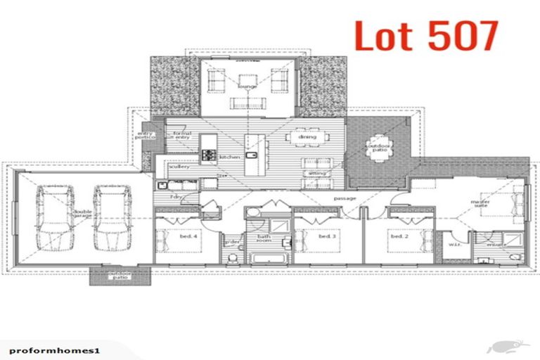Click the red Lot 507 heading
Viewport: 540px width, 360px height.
click(x=427, y=36)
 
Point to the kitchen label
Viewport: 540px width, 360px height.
click(x=230, y=157)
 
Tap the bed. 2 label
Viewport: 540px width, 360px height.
click(x=399, y=236)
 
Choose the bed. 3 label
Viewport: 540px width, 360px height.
click(x=326, y=236)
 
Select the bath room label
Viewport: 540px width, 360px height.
click(x=263, y=238)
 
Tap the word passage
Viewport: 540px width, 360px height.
click(x=345, y=198)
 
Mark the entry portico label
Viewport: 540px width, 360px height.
click(x=146, y=135)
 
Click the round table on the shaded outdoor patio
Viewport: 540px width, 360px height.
click(x=380, y=147)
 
